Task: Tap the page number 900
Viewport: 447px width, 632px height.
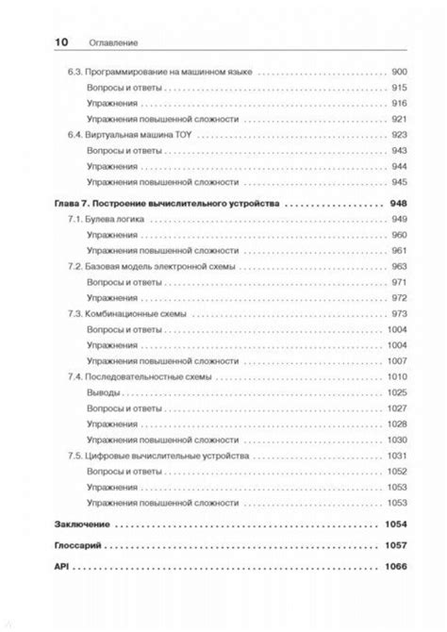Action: (398, 72)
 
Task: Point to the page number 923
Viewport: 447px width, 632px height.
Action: (398, 135)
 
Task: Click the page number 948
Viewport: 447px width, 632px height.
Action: (397, 203)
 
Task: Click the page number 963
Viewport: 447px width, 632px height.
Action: (398, 266)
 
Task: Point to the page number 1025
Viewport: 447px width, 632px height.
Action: (396, 392)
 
